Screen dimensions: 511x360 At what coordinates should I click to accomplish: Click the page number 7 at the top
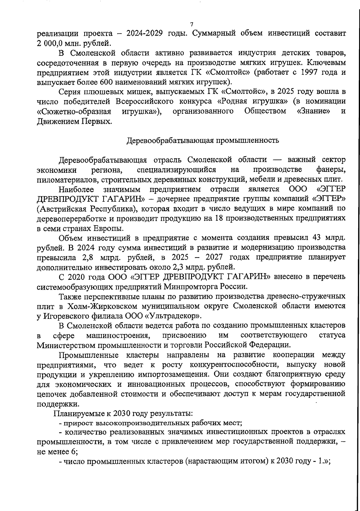(191, 25)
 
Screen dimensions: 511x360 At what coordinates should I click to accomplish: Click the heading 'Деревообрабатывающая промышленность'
(202, 140)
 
